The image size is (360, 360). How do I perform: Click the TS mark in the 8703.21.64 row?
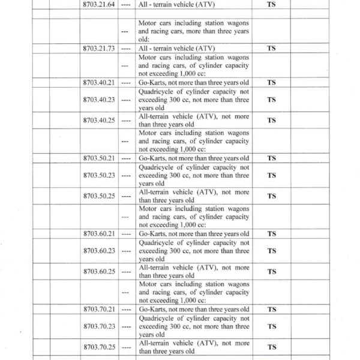coord(271,5)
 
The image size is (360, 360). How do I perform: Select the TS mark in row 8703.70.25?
coord(271,347)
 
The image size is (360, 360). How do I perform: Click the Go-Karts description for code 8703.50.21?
coord(193,158)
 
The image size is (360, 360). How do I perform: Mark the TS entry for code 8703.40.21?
coord(271,82)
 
